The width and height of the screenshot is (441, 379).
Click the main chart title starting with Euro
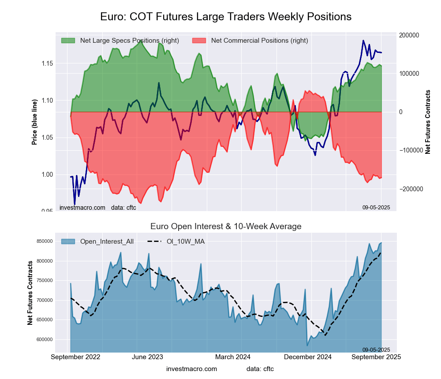click(x=225, y=17)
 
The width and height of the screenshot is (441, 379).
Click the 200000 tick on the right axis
click(x=408, y=35)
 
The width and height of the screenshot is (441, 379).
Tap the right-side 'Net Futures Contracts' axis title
click(x=427, y=122)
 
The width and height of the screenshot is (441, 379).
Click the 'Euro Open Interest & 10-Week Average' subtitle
click(x=226, y=227)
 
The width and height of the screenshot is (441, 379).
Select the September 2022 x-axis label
click(x=76, y=357)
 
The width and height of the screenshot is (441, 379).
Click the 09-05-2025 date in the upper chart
click(x=376, y=207)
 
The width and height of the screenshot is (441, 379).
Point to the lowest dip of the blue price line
click(x=75, y=204)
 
